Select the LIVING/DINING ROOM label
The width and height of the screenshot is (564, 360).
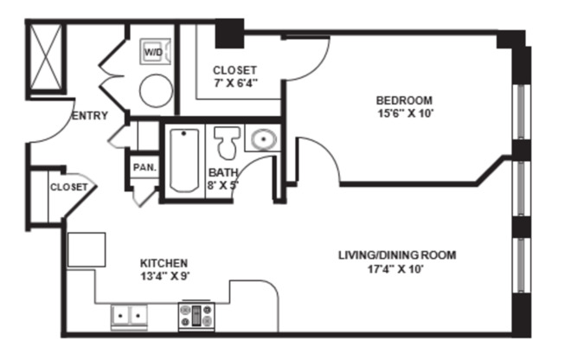pos(396,254)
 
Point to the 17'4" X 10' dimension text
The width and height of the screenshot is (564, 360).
pos(396,268)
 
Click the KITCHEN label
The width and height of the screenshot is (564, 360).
pos(163,262)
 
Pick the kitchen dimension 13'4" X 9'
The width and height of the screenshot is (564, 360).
pos(163,276)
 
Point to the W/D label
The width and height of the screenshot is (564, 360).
pos(153,53)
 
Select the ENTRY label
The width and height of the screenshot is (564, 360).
pos(90,115)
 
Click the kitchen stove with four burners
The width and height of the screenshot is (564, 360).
pos(195,317)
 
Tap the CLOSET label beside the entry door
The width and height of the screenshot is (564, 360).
pos(68,187)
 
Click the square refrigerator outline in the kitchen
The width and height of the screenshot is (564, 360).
pos(87,249)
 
